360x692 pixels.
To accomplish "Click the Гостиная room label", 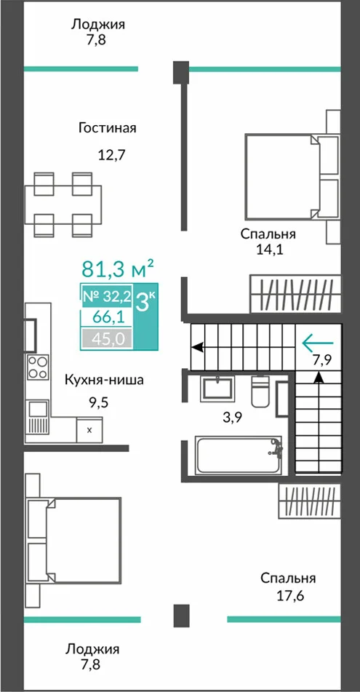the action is tap(107, 128).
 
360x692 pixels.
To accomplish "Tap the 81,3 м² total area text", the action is tap(118, 268).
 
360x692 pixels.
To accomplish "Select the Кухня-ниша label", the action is tap(104, 380).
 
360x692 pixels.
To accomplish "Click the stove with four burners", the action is tap(38, 367).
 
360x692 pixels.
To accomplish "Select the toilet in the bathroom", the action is tap(260, 390).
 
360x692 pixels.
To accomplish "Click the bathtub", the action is tap(239, 456).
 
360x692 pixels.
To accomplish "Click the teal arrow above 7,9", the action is tap(318, 341).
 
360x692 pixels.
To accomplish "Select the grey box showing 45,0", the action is tap(107, 339).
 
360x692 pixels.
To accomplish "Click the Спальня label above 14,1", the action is tap(268, 234).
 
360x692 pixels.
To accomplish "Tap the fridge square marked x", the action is tap(89, 429).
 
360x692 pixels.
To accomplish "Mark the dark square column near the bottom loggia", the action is tap(181, 616).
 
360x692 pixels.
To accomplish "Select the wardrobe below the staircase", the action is tap(310, 501).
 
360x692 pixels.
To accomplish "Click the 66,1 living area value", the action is tap(107, 317).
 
